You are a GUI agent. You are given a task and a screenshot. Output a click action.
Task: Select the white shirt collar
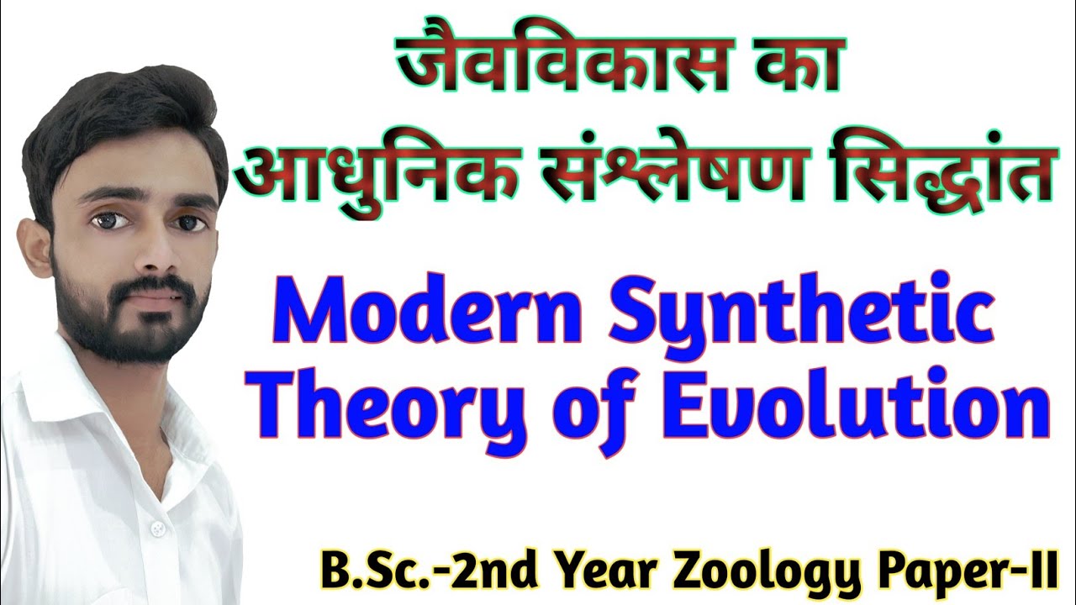[x=59, y=395]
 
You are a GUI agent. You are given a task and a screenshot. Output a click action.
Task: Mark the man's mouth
[x=156, y=298]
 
